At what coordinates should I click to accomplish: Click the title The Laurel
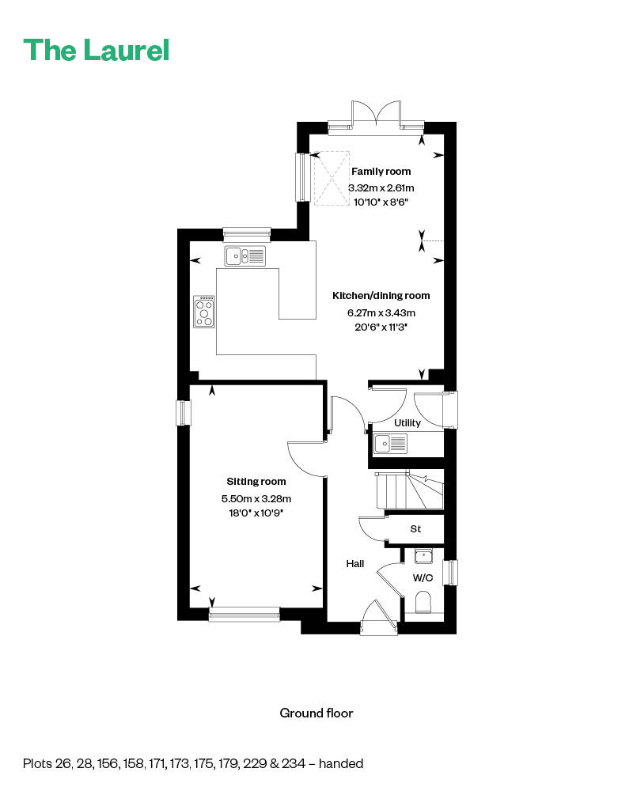click(x=96, y=50)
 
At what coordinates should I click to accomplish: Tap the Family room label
click(x=381, y=172)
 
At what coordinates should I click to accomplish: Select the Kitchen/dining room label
click(x=381, y=296)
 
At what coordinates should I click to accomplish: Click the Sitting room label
click(x=256, y=481)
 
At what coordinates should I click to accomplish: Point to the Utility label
click(x=407, y=423)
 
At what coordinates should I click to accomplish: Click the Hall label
click(x=355, y=564)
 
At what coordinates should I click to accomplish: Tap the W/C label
click(x=423, y=577)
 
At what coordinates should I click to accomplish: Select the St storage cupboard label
click(x=415, y=528)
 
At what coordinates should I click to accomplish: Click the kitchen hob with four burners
click(x=204, y=312)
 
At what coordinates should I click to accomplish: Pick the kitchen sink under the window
click(x=245, y=255)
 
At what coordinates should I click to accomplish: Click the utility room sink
click(x=391, y=444)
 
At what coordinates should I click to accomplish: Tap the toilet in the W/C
click(x=424, y=602)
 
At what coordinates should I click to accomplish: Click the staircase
click(x=409, y=491)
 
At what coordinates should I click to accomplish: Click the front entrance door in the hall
click(x=377, y=618)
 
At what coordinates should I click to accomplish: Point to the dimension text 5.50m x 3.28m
click(x=256, y=498)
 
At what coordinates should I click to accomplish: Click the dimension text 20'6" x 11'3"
click(x=381, y=326)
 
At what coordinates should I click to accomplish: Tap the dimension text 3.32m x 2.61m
click(x=381, y=188)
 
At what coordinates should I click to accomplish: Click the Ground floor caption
click(x=316, y=713)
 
